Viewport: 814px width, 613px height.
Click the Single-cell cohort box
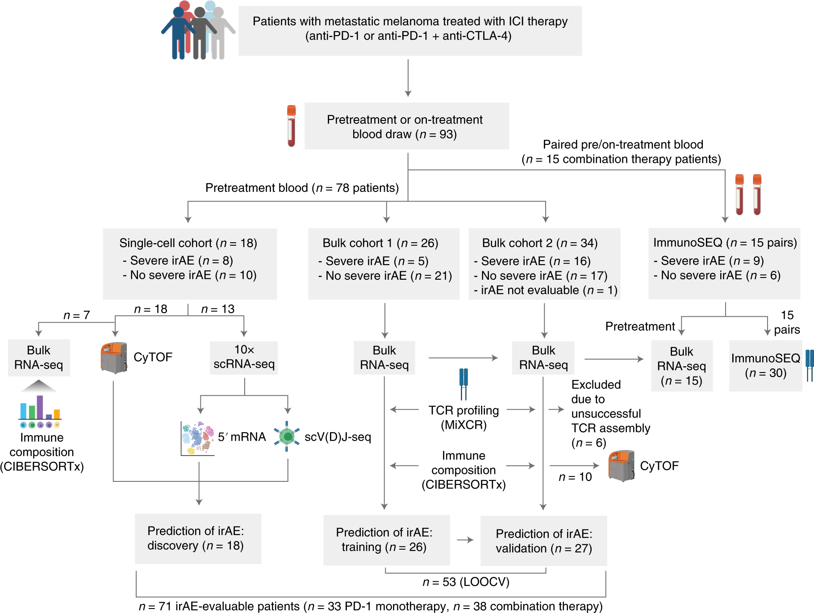point(190,264)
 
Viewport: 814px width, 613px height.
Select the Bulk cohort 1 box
point(384,264)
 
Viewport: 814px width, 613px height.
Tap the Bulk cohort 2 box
point(544,264)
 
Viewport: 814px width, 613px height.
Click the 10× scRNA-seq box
point(244,357)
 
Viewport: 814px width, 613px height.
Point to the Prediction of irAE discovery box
point(198,538)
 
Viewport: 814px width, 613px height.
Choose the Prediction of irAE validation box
point(543,541)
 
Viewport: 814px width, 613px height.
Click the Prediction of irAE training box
point(387,540)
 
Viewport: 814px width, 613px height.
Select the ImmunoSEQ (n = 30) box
point(765,366)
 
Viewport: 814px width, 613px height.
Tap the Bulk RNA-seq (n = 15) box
point(682,366)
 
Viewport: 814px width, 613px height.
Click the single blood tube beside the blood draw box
point(291,126)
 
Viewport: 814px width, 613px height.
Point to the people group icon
point(198,30)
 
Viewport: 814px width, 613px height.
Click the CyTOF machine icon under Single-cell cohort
point(114,358)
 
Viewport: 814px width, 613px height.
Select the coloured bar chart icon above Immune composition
point(40,407)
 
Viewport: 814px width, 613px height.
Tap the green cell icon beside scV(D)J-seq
point(287,436)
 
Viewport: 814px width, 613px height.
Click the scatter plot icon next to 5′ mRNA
point(197,438)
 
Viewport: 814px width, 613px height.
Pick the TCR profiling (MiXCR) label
point(463,417)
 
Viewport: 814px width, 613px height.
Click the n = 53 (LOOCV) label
point(466,582)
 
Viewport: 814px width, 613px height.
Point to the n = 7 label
point(77,315)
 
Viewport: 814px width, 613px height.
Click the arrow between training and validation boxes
point(465,540)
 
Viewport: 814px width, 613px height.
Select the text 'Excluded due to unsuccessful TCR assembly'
point(610,406)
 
